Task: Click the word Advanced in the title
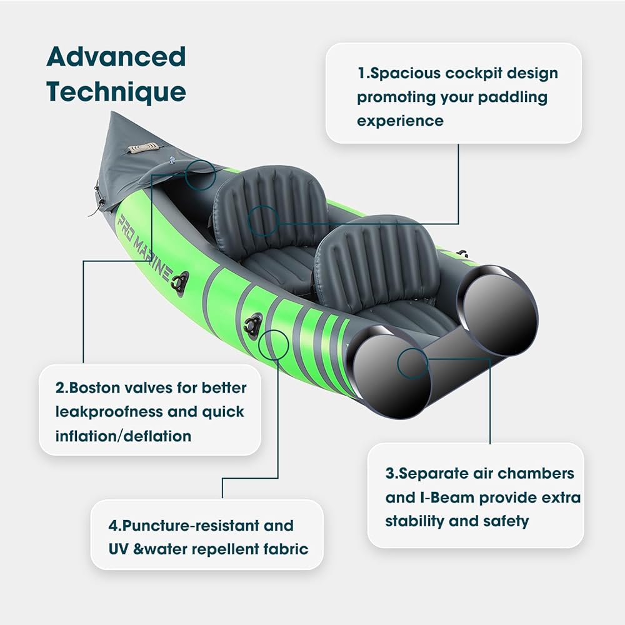[116, 57]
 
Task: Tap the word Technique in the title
[116, 92]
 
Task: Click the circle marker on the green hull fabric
[273, 344]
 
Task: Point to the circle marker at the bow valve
[201, 174]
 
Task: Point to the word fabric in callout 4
[284, 550]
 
